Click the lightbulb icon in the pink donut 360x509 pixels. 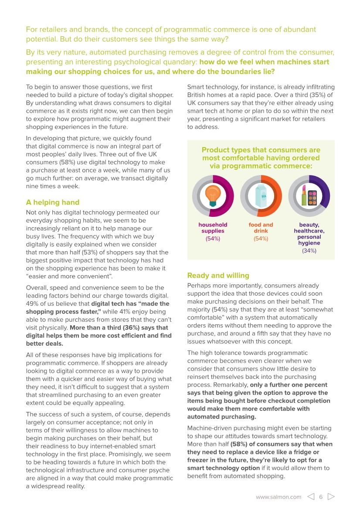pos(213,196)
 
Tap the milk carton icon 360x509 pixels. pos(261,196)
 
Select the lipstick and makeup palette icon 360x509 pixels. pos(309,196)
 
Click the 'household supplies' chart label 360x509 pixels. pos(213,228)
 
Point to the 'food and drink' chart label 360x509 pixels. pos(261,228)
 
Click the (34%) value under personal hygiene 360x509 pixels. pos(309,251)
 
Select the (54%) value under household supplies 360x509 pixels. pos(213,239)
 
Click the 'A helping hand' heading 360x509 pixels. pos(53,202)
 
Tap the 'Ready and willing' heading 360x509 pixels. pos(218,275)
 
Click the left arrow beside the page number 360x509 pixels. pos(310,497)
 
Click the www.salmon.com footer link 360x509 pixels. pos(278,497)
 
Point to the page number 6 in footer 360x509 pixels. pos(321,497)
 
